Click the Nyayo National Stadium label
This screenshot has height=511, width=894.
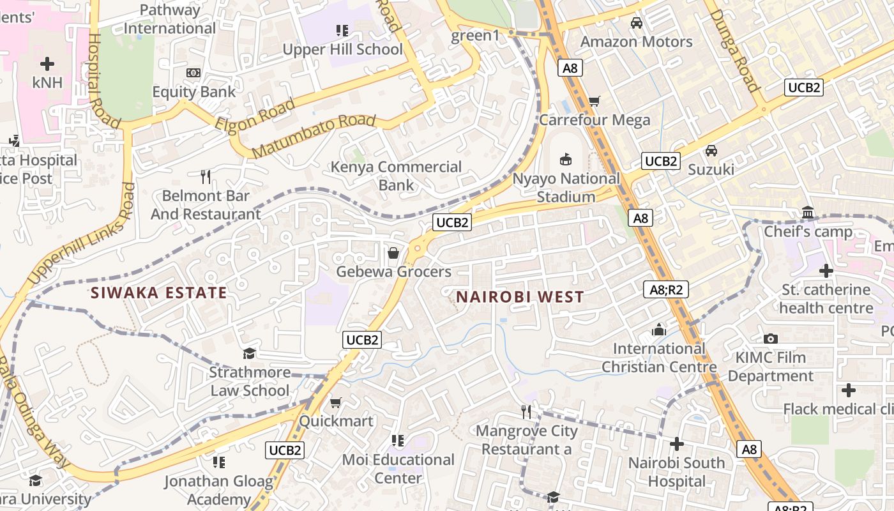tap(566, 188)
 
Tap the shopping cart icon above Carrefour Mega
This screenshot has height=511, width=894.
tap(594, 100)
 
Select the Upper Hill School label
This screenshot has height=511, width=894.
tap(342, 49)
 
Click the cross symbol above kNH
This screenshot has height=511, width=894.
tap(47, 64)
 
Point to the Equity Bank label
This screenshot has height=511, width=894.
tap(193, 91)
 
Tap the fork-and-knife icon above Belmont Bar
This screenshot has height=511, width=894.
tap(205, 176)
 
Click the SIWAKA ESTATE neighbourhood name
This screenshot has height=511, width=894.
tap(158, 293)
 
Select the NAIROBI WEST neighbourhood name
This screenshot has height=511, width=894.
tap(520, 297)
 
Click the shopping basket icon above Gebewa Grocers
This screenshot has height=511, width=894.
tap(393, 254)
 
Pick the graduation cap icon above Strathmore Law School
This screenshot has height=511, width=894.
tap(250, 353)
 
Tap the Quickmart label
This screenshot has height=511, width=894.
tap(336, 421)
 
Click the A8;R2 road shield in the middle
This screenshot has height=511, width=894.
tap(665, 289)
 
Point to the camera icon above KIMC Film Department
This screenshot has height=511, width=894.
tap(770, 339)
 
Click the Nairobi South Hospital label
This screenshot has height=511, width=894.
tap(676, 471)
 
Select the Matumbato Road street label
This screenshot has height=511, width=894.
tap(313, 136)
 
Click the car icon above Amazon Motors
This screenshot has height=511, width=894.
tap(636, 23)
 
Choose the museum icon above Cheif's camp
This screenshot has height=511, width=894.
tap(808, 212)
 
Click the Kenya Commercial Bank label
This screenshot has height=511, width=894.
tap(396, 176)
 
